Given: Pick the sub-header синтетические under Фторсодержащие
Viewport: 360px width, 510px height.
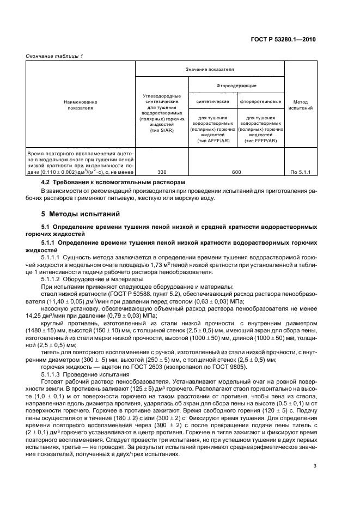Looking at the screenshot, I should pos(212,101).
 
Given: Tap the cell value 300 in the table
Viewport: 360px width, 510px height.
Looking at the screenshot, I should pos(161,172).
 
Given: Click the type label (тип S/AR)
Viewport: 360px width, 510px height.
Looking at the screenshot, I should pos(161,131).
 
